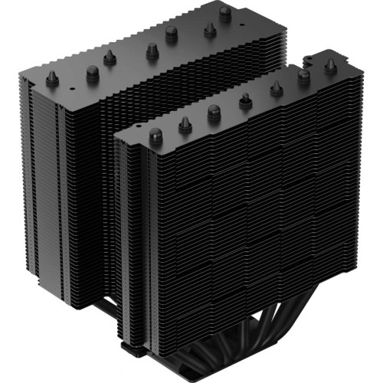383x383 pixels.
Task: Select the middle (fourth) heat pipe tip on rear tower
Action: click(151, 51)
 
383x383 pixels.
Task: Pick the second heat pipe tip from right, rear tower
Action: click(207, 28)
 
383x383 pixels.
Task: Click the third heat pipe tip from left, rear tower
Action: click(110, 57)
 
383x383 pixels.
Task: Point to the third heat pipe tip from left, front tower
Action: click(214, 111)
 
